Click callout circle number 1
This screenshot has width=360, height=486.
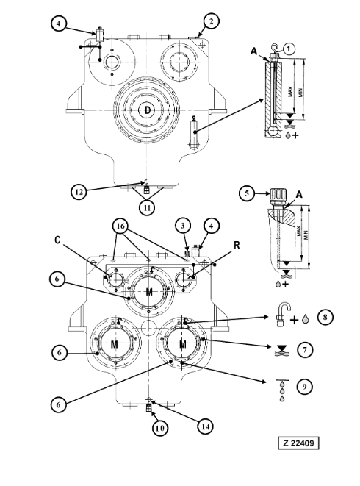click(x=289, y=49)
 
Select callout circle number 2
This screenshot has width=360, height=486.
click(x=211, y=21)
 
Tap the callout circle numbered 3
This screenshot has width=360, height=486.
click(x=182, y=226)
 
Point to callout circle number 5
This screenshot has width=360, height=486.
click(x=247, y=193)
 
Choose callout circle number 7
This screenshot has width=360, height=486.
click(x=305, y=350)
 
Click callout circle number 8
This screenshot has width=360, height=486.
click(x=325, y=317)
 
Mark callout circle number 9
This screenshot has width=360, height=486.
click(x=304, y=387)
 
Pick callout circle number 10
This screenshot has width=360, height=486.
click(x=160, y=428)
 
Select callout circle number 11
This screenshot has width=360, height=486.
click(x=147, y=207)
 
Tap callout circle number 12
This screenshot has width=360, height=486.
click(x=79, y=192)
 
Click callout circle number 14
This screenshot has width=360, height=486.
click(x=206, y=426)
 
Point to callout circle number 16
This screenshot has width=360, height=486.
click(x=120, y=226)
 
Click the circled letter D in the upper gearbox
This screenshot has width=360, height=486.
click(x=148, y=110)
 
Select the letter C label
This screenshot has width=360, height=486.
click(x=57, y=240)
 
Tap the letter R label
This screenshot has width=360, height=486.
click(x=237, y=245)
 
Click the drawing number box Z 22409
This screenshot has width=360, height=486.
click(x=298, y=443)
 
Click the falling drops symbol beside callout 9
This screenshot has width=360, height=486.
click(x=282, y=390)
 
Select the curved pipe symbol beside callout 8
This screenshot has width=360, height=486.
click(x=283, y=315)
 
